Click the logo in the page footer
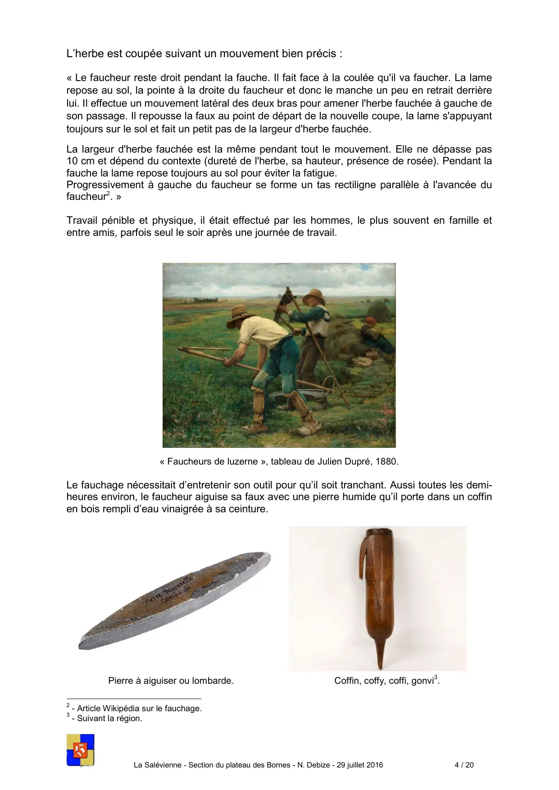80,749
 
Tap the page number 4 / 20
464,765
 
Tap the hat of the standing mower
314,296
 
